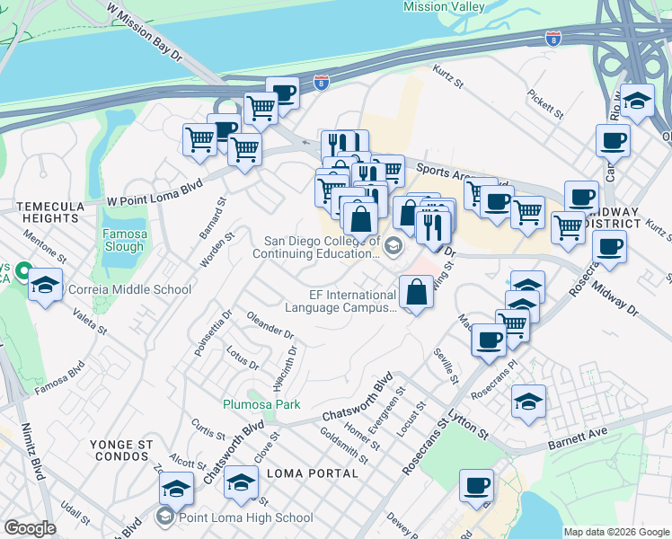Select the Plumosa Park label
click(261, 405)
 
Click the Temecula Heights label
click(51, 212)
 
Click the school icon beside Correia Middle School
click(45, 287)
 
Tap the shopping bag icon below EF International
click(416, 294)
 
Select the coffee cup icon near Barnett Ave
click(476, 488)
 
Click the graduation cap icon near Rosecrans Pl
click(529, 403)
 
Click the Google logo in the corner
click(29, 528)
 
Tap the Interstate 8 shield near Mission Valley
click(553, 39)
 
